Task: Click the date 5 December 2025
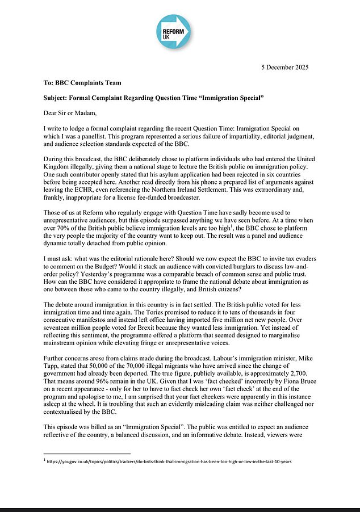(x=292, y=67)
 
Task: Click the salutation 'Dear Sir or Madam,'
(x=75, y=113)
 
